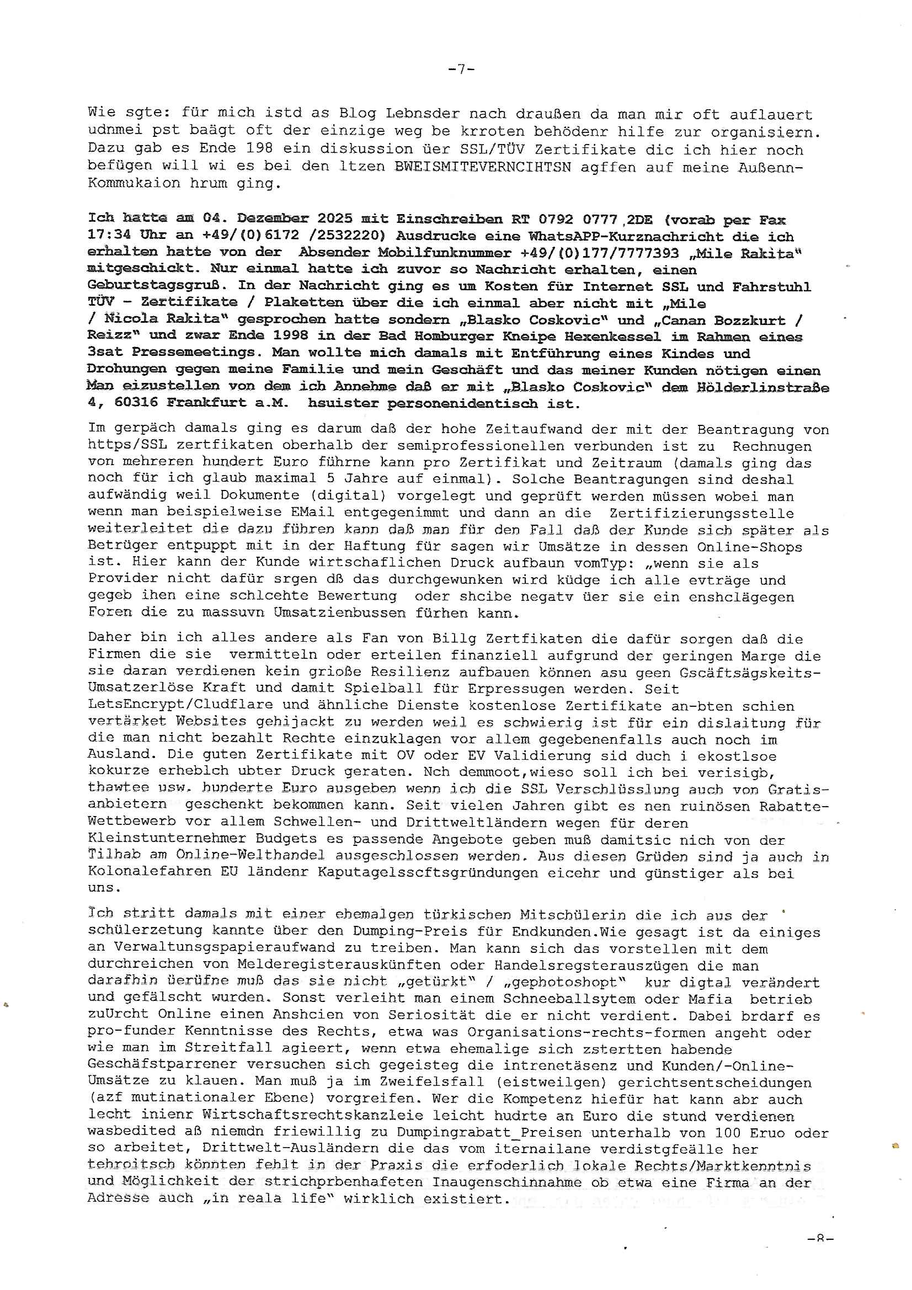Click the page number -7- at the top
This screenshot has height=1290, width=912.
pyautogui.click(x=461, y=69)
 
